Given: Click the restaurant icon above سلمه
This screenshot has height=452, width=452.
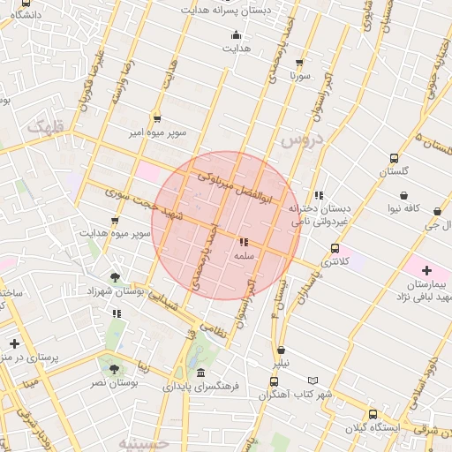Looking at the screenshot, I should point(244,242).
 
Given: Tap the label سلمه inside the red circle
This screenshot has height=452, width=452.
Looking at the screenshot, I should point(244,256).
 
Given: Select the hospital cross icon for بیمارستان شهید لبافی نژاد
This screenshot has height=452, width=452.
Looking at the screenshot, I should point(426,270).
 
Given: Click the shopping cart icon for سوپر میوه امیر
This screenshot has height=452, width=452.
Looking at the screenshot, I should point(157,119).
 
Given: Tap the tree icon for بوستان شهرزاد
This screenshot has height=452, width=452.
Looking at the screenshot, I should point(116,277).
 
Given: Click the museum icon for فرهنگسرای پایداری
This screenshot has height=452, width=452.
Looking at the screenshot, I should point(201,373).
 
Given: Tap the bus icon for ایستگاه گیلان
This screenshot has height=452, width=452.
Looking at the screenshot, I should point(372,413).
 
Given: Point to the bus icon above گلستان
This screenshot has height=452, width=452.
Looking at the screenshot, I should point(393,159).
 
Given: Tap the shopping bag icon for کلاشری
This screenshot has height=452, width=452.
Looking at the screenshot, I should point(334,248).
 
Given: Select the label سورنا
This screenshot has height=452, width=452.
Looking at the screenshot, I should point(301,77).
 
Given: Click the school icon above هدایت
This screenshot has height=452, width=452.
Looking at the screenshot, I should point(235,36).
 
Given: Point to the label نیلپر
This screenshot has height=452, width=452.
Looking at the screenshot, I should point(280,364).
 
